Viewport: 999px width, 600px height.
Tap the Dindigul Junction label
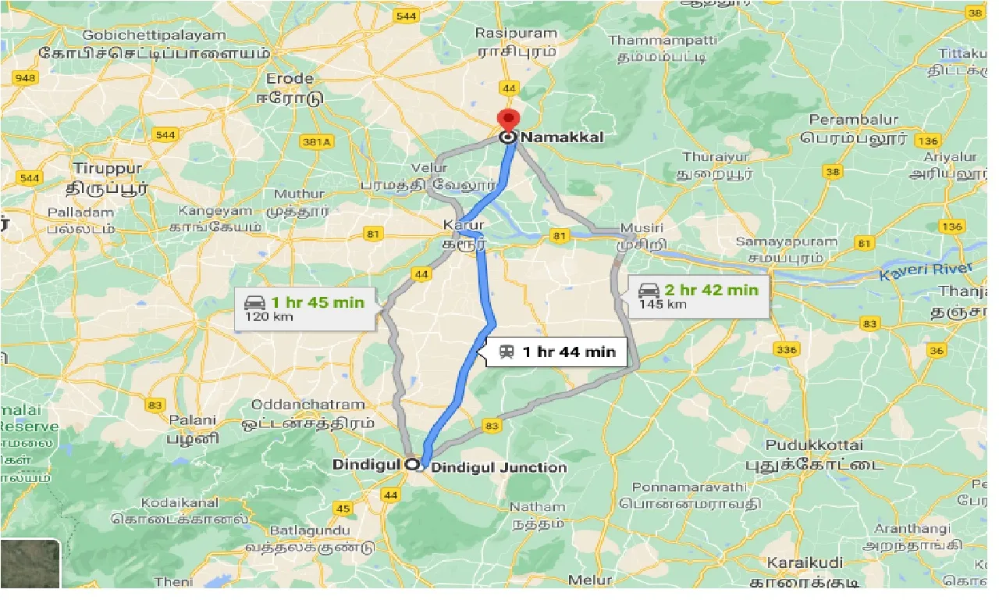pyautogui.click(x=499, y=467)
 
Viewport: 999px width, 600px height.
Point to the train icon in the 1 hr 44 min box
pyautogui.click(x=507, y=352)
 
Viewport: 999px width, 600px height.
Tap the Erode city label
pyautogui.click(x=290, y=79)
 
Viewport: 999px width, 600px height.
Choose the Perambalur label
pyautogui.click(x=853, y=120)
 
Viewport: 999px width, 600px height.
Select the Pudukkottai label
pyautogui.click(x=814, y=445)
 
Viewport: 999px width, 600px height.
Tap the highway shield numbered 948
pyautogui.click(x=26, y=77)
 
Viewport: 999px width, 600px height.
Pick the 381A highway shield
pyautogui.click(x=316, y=141)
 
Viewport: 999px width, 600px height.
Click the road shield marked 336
pyautogui.click(x=787, y=348)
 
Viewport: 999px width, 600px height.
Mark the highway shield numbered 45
pyautogui.click(x=343, y=509)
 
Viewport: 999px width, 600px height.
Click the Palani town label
pyautogui.click(x=192, y=420)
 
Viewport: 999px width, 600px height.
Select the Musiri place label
pyautogui.click(x=642, y=228)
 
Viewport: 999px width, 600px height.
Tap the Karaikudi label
pyautogui.click(x=804, y=563)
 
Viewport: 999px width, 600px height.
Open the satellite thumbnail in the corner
pyautogui.click(x=30, y=564)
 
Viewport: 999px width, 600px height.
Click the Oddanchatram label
pyautogui.click(x=308, y=405)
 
